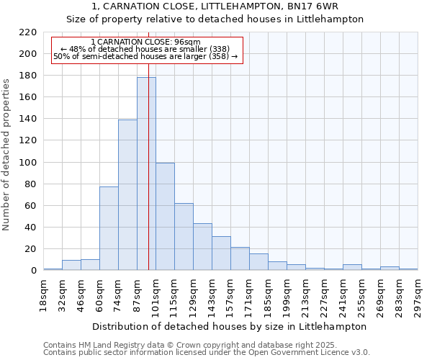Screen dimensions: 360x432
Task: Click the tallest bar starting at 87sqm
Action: pos(146,174)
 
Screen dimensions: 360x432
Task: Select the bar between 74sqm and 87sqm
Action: pos(127,194)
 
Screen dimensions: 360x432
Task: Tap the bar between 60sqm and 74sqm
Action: pos(109,228)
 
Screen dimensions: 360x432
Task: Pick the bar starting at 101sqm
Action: pos(165,216)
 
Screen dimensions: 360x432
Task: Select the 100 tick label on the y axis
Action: pos(27,163)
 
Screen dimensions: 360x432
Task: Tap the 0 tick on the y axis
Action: pos(33,271)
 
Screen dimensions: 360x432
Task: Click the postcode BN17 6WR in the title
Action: pos(314,6)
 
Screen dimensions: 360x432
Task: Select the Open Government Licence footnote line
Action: pos(207,353)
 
